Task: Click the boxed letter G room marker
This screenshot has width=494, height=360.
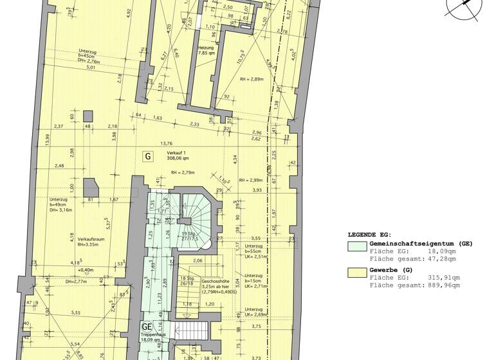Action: [147, 156]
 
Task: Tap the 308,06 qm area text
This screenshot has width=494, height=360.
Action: [178, 158]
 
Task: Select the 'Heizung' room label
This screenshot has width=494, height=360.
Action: [205, 47]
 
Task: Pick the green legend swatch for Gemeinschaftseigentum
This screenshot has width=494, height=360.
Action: [356, 245]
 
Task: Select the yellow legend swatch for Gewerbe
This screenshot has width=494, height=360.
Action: [356, 271]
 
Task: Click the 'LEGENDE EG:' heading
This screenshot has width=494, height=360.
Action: [370, 235]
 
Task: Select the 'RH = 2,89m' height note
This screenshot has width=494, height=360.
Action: [252, 79]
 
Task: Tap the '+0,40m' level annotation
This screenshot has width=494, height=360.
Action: [86, 270]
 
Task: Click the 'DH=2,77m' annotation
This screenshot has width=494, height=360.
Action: [76, 282]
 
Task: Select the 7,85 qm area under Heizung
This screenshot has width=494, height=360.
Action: [205, 54]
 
